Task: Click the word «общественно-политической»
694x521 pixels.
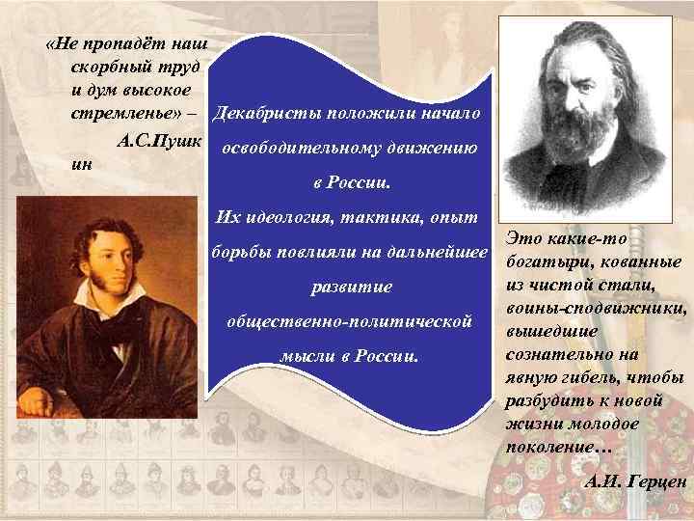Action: (x=348, y=319)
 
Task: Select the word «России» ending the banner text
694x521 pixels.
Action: (x=386, y=354)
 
